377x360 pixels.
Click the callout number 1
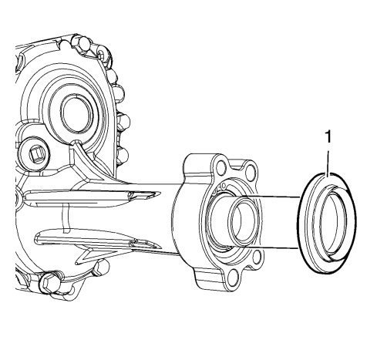(328, 136)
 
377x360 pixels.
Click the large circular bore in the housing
(76, 114)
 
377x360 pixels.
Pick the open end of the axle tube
(244, 221)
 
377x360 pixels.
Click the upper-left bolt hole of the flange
(221, 167)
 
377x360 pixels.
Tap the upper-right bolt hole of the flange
(250, 171)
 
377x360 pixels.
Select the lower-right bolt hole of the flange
(257, 257)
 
